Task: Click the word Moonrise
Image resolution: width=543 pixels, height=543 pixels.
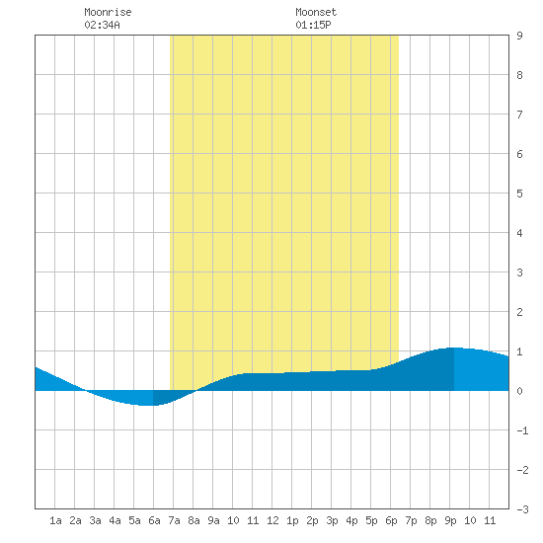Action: point(108,12)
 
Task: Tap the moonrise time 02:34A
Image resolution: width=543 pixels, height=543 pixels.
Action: point(102,25)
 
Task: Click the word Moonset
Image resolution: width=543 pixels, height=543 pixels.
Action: point(316,12)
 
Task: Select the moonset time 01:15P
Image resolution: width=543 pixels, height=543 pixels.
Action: point(313,25)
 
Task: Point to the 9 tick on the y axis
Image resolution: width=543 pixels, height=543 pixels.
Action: point(519,36)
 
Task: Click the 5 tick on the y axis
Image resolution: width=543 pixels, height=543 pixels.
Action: point(519,194)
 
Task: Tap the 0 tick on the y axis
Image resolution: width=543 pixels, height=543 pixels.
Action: point(519,391)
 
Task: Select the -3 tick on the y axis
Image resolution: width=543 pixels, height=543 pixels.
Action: point(522,509)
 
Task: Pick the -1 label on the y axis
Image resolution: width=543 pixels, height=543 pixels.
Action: point(522,430)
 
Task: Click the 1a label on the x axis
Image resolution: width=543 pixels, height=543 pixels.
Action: point(55,520)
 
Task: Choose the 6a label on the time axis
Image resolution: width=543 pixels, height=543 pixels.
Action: point(154,520)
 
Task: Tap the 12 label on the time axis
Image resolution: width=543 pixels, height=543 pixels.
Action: point(272,520)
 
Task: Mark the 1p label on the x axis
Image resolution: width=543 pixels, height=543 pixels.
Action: point(292,520)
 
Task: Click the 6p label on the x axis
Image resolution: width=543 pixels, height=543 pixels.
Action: point(391,520)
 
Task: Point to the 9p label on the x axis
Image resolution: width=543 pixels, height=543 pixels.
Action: point(450,520)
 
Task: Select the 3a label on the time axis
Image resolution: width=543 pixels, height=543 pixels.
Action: point(95,520)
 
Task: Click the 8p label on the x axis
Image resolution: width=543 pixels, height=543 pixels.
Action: point(430,520)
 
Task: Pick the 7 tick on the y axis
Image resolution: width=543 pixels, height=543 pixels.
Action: point(519,115)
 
